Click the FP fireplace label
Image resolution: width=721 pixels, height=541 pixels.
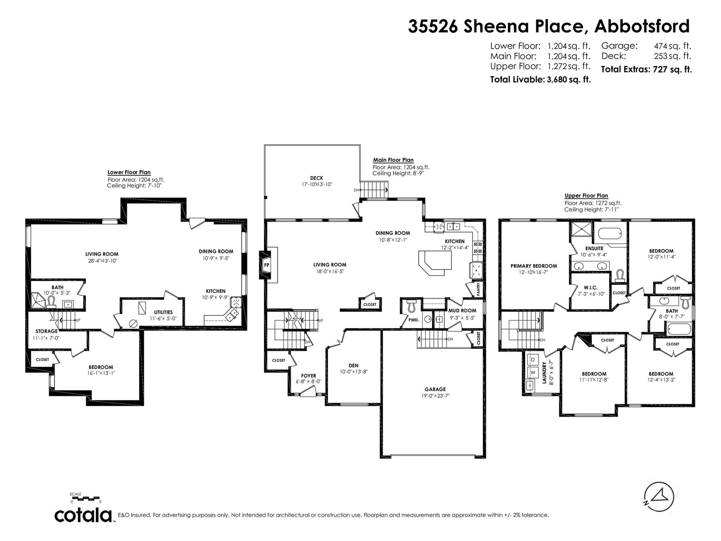click(266, 265)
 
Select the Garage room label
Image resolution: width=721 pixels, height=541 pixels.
click(435, 389)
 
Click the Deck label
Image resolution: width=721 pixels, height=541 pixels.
click(317, 178)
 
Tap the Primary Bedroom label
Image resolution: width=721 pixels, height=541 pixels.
click(534, 266)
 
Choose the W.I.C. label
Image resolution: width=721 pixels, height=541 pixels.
click(591, 288)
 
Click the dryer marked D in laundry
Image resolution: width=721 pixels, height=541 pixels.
click(533, 360)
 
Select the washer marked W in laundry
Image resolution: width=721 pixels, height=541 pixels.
click(533, 372)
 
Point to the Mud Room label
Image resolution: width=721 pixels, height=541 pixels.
click(462, 311)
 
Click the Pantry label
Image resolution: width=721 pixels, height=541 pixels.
click(478, 289)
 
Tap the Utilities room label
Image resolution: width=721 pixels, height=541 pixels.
click(163, 312)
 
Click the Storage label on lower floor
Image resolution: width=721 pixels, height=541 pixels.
click(47, 331)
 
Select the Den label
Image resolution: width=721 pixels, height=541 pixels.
click(353, 365)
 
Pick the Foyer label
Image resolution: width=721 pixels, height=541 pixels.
click(308, 376)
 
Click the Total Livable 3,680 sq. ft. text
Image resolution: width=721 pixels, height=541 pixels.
click(540, 79)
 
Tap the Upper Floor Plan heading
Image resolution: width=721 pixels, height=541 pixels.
click(586, 196)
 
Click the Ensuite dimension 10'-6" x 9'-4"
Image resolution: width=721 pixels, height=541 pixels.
click(593, 254)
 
